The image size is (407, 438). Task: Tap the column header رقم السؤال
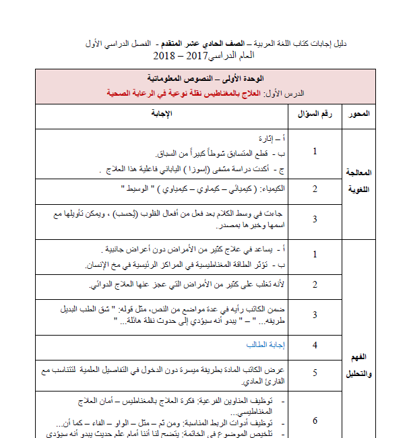pyautogui.click(x=315, y=113)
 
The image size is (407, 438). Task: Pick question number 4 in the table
pyautogui.click(x=315, y=346)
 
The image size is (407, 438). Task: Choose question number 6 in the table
pyautogui.click(x=315, y=420)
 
